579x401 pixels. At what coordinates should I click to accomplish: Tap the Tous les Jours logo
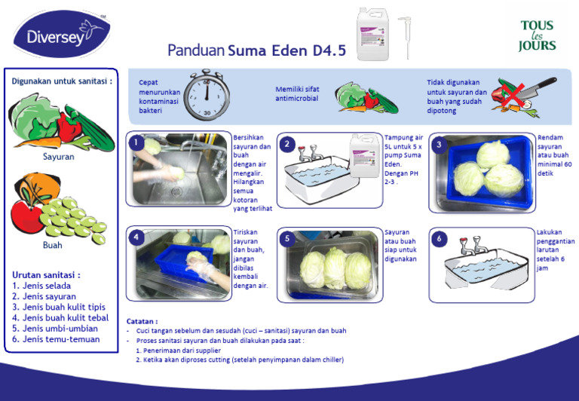(x=537, y=35)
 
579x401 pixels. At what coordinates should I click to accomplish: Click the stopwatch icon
(x=206, y=94)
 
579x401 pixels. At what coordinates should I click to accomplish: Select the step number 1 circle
(x=136, y=142)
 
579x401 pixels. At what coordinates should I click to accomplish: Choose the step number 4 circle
(x=136, y=237)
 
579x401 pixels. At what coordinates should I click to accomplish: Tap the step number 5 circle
(x=287, y=239)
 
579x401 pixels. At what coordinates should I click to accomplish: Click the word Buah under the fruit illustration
(x=53, y=245)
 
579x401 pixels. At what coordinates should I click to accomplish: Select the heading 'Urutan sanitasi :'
(x=46, y=275)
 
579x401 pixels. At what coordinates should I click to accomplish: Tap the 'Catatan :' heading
(x=142, y=321)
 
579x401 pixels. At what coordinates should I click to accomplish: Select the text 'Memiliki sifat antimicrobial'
(x=296, y=93)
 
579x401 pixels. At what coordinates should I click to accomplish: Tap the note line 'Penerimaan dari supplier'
(x=179, y=350)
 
